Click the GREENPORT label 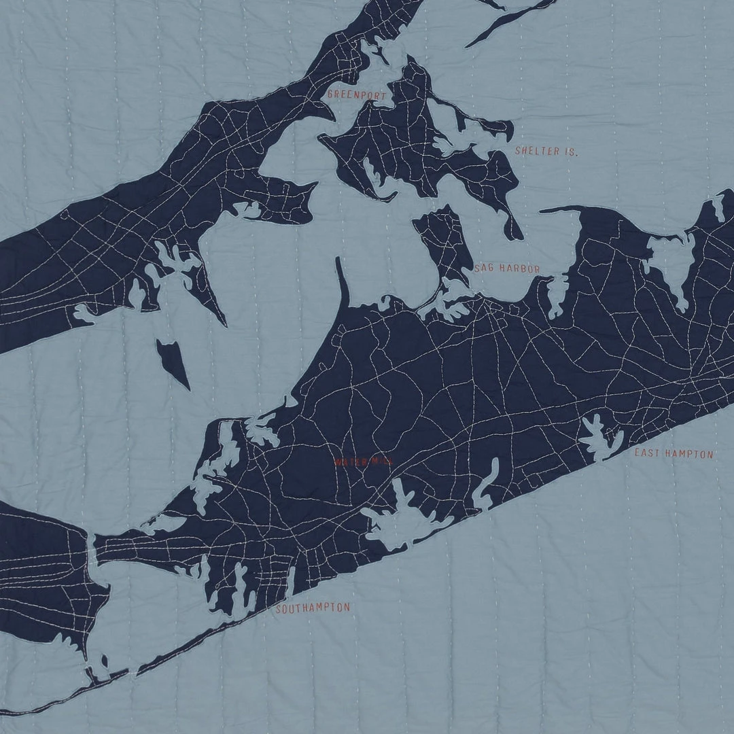[x=355, y=94]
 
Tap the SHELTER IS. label [x=546, y=151]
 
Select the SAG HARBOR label [x=507, y=268]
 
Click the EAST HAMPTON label [x=674, y=453]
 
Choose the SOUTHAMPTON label [x=313, y=608]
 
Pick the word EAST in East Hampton [x=647, y=453]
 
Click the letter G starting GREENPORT [x=330, y=94]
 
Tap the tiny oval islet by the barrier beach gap [x=104, y=661]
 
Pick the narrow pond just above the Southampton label [x=291, y=581]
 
